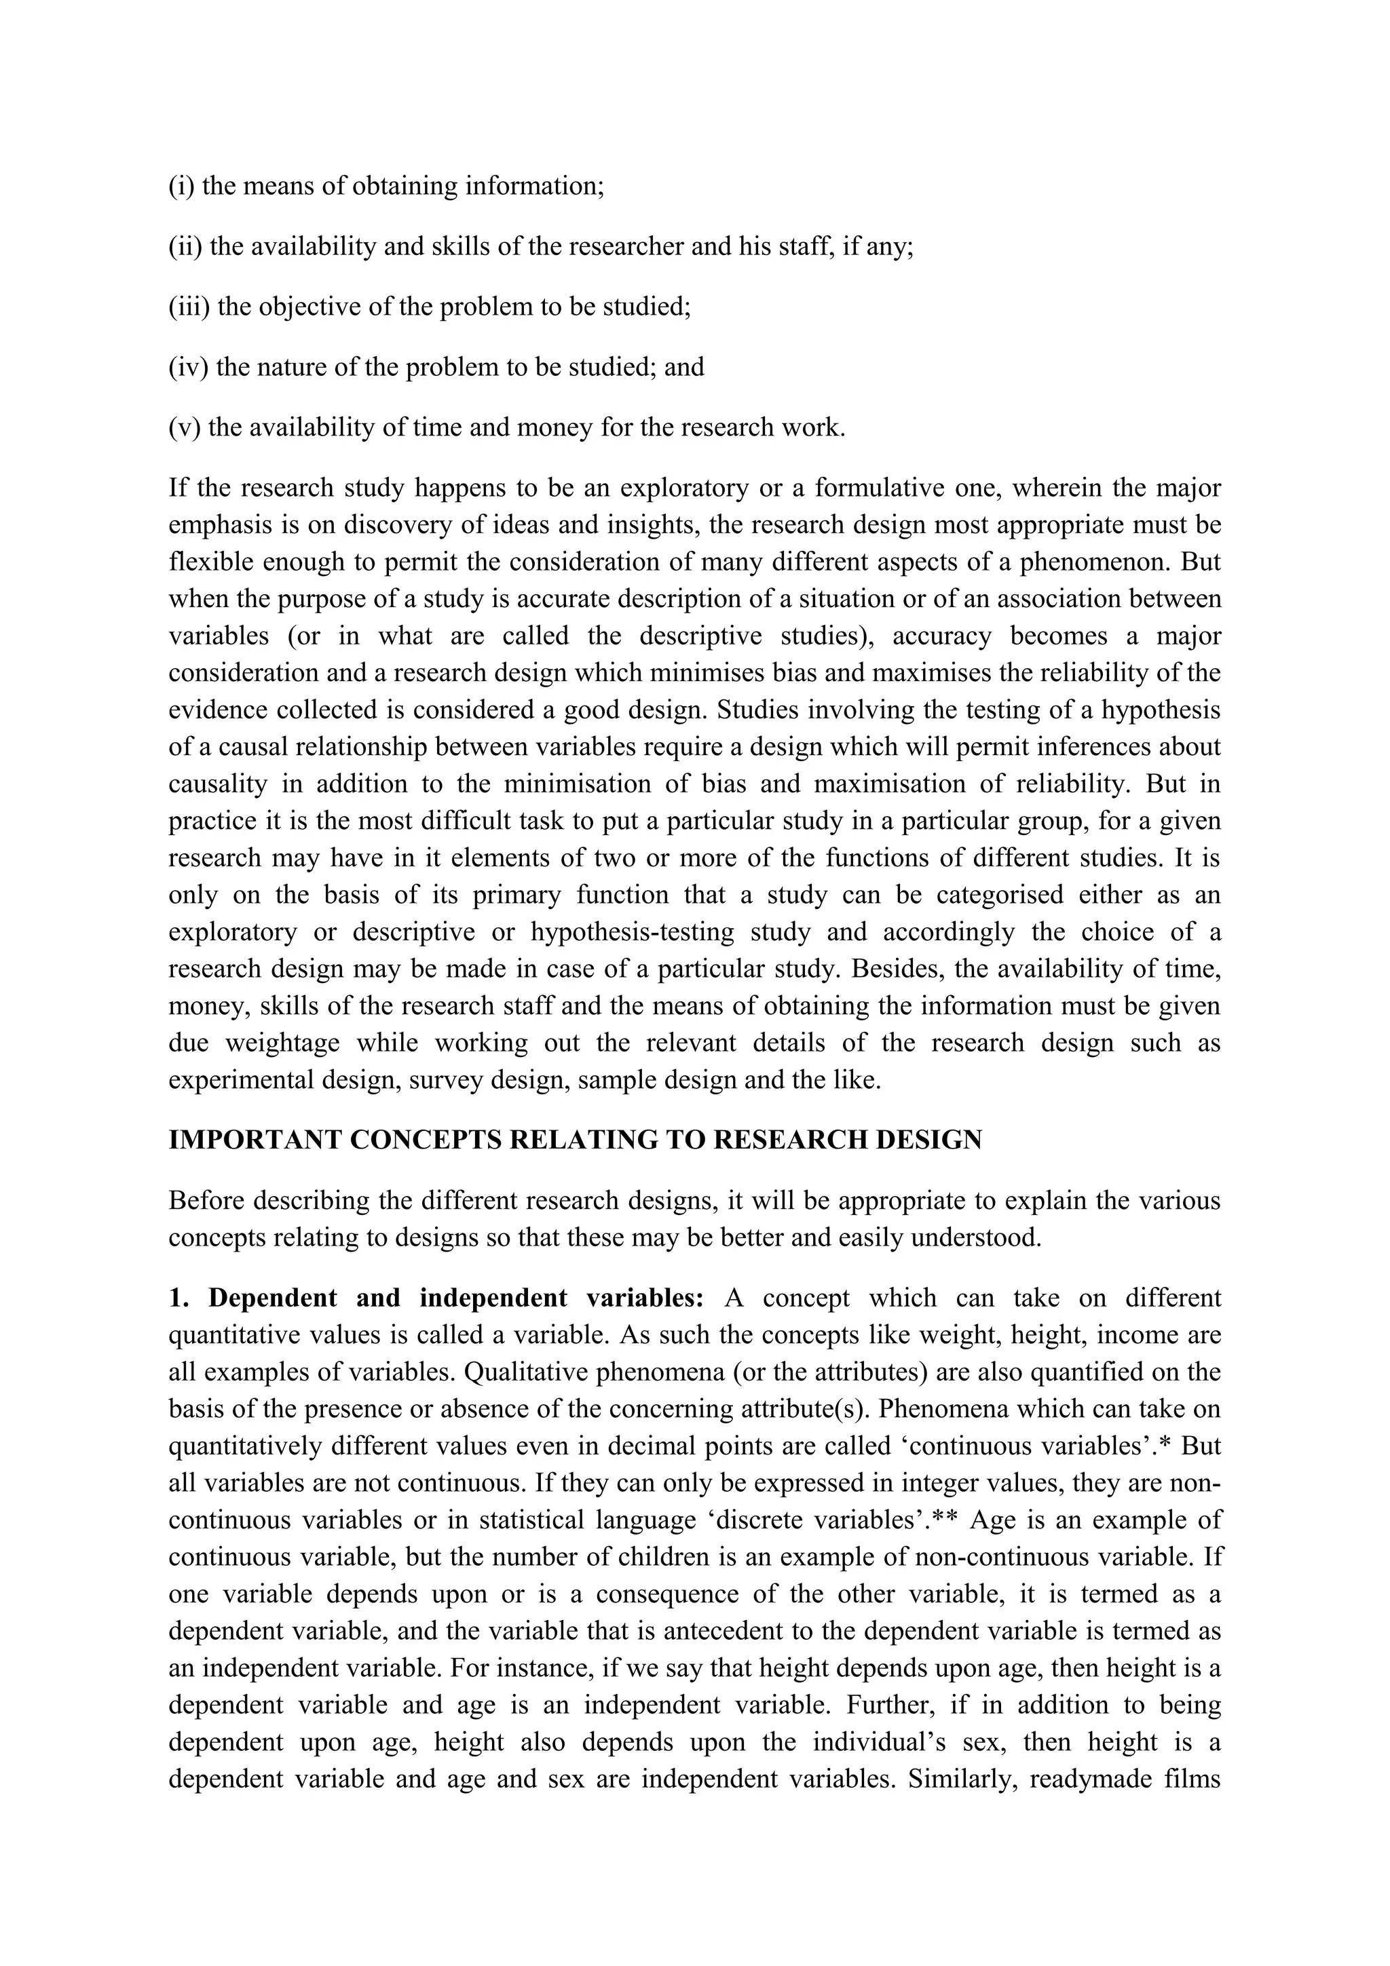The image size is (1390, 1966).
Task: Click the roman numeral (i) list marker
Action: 182,186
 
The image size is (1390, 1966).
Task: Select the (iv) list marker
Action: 189,366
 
